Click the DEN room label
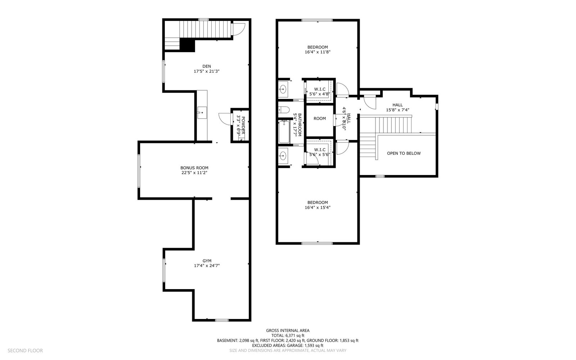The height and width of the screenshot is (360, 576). pos(207,66)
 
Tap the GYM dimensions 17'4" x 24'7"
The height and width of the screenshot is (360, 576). pos(207,266)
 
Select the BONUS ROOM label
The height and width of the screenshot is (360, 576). pos(194,168)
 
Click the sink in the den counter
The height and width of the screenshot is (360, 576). pos(202,113)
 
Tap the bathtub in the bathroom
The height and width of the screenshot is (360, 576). pos(284,132)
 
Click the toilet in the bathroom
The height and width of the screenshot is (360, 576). pos(284,109)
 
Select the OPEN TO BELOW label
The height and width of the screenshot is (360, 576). pos(404,153)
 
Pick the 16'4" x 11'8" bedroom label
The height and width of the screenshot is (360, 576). pos(318,49)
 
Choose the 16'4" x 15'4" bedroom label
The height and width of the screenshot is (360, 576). pos(318,205)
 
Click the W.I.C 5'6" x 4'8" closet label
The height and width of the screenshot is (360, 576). pos(320,91)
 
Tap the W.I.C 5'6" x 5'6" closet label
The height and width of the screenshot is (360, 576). pos(320,152)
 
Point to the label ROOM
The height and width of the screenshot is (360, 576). pos(320,118)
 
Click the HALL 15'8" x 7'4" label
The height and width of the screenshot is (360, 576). pos(397,107)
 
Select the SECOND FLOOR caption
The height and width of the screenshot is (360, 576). pos(25,351)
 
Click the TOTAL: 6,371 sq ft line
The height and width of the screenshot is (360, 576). pos(288,336)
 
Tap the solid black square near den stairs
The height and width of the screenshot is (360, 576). pos(187,45)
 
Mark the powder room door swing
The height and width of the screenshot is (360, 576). pos(225,119)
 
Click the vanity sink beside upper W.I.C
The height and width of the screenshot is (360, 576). pos(283,90)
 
